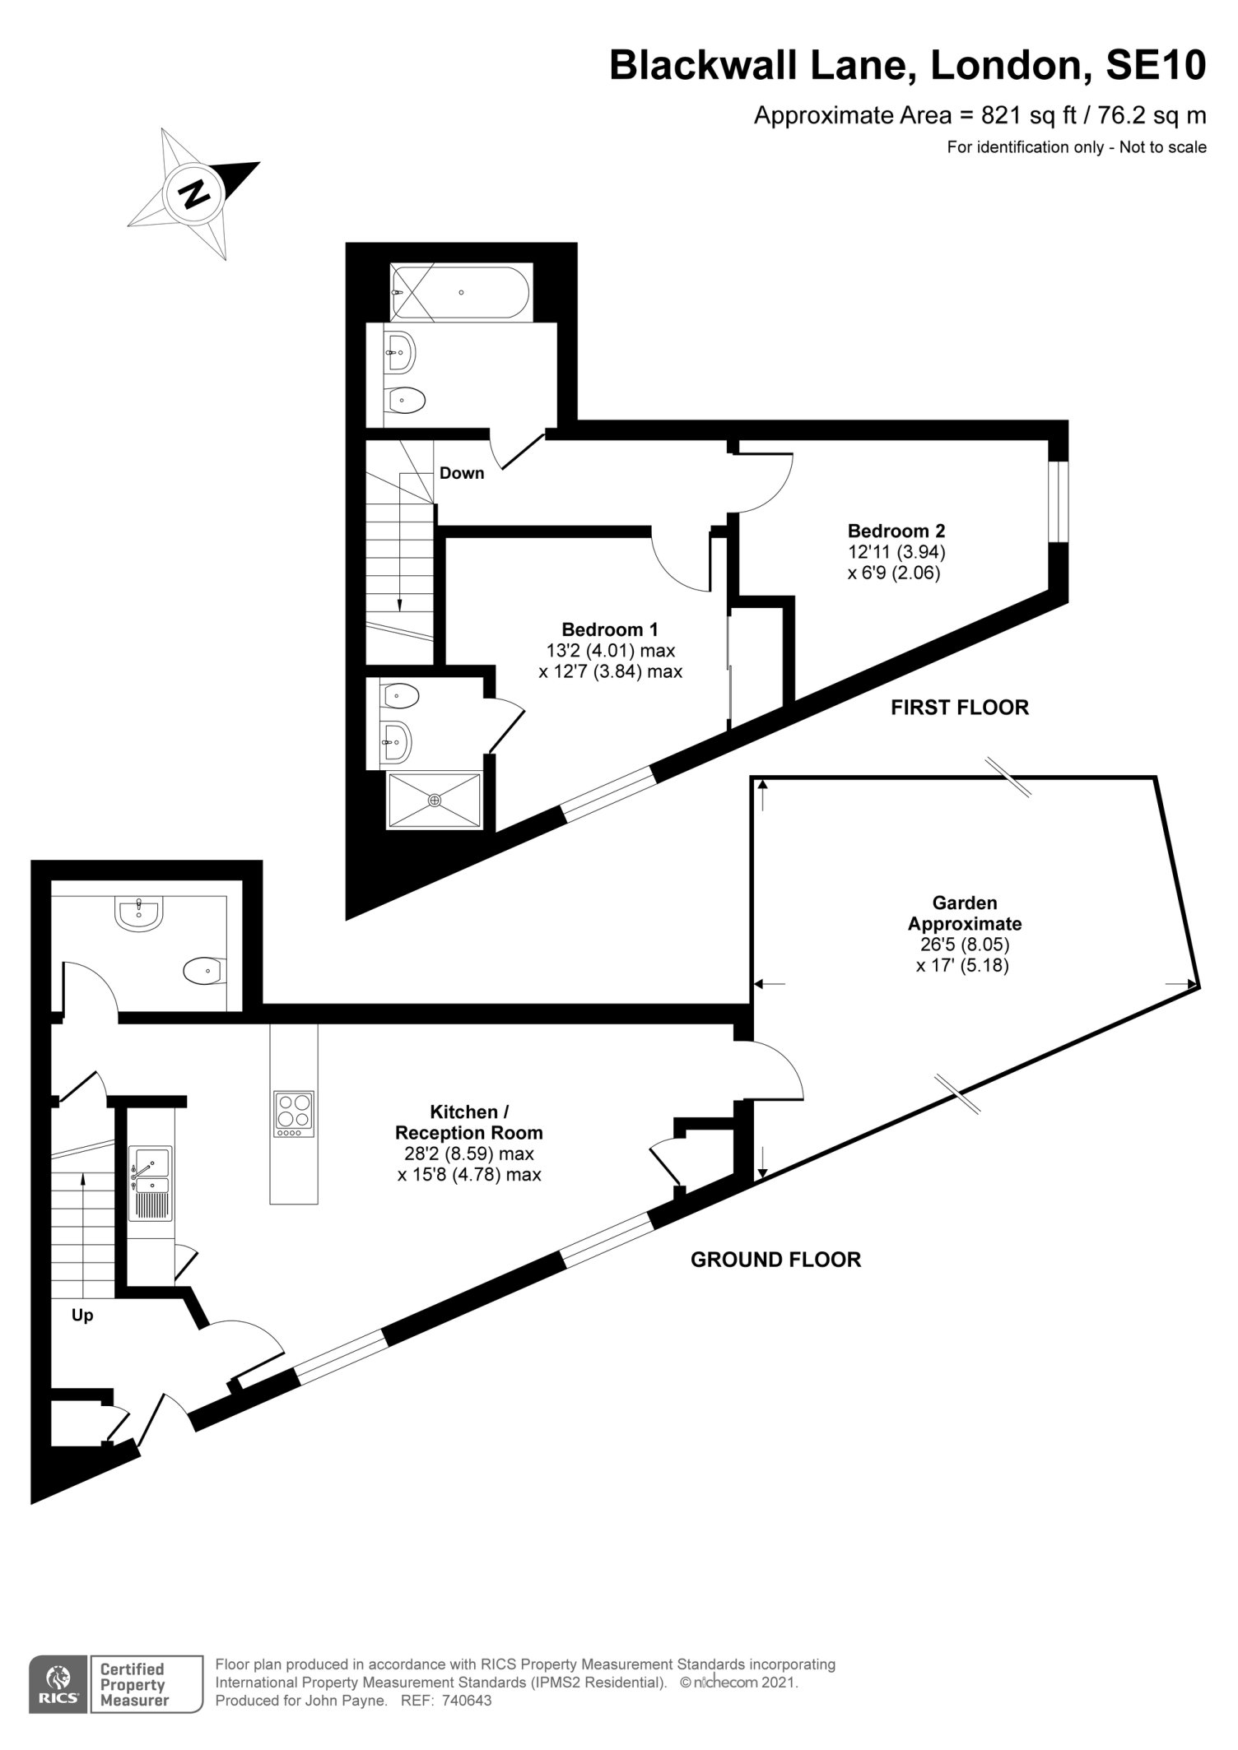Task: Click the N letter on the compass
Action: [x=194, y=193]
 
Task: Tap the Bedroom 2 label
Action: [x=896, y=530]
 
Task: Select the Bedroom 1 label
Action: [x=610, y=629]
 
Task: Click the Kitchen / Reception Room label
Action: [x=469, y=1122]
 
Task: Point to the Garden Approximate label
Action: [x=965, y=913]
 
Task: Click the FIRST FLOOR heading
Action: [x=960, y=708]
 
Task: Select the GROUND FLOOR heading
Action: [x=775, y=1260]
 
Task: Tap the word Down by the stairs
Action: [x=462, y=473]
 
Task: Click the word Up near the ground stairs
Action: [x=82, y=1316]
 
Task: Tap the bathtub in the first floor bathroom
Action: [x=461, y=292]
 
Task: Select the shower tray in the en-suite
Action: [x=434, y=800]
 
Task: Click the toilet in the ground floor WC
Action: [x=204, y=971]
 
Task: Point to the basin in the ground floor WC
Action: [x=140, y=912]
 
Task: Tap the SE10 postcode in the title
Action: [x=1157, y=66]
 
